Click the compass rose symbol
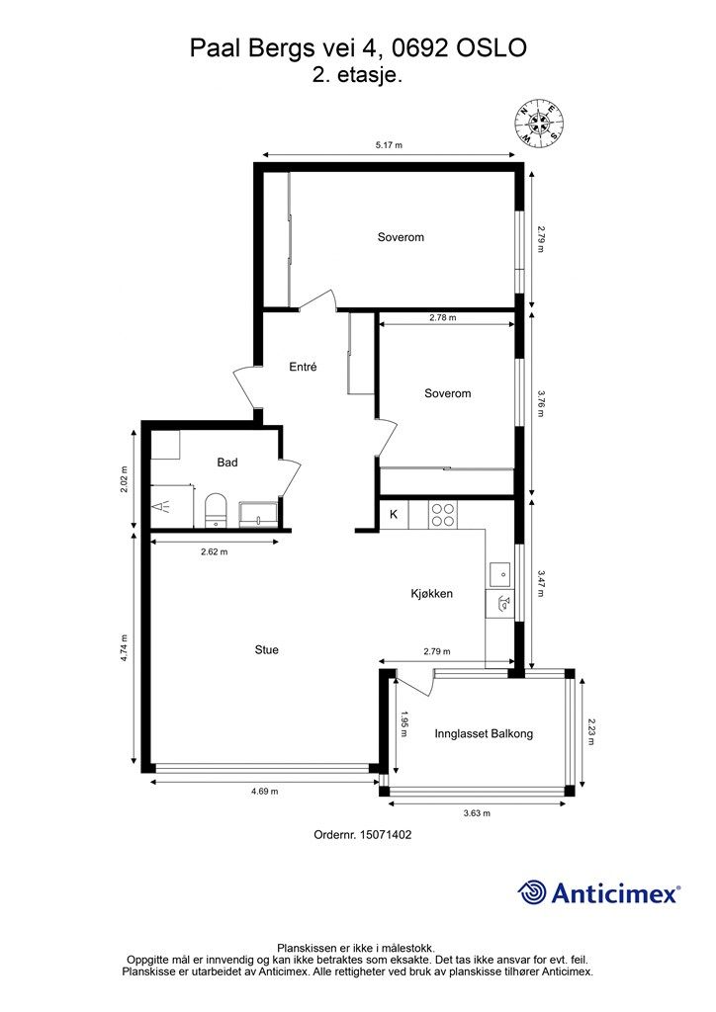539,122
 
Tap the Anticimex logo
598,892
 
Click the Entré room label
303,367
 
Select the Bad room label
227,463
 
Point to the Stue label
267,650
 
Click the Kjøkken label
432,594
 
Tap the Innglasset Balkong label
484,734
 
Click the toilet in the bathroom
215,511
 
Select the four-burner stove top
443,515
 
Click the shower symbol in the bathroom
161,507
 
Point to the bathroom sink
259,515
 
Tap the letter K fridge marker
394,514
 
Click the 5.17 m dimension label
389,145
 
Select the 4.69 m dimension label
265,792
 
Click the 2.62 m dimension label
215,551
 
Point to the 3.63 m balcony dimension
477,813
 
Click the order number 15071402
363,834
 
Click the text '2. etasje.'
358,75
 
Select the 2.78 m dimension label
443,317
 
